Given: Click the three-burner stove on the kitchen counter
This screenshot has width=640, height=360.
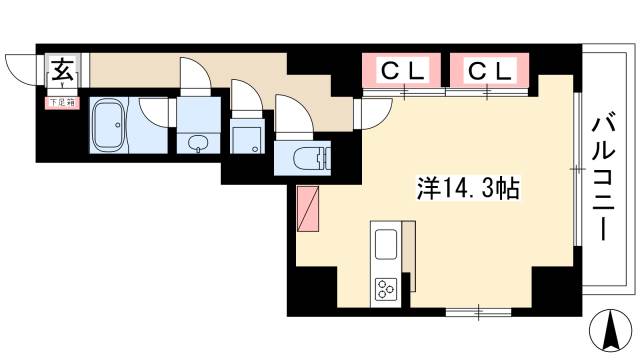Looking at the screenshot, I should tap(387, 288).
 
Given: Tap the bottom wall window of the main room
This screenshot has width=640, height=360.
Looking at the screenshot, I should tap(478, 313).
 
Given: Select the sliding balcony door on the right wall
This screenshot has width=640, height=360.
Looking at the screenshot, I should tap(578, 171).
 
